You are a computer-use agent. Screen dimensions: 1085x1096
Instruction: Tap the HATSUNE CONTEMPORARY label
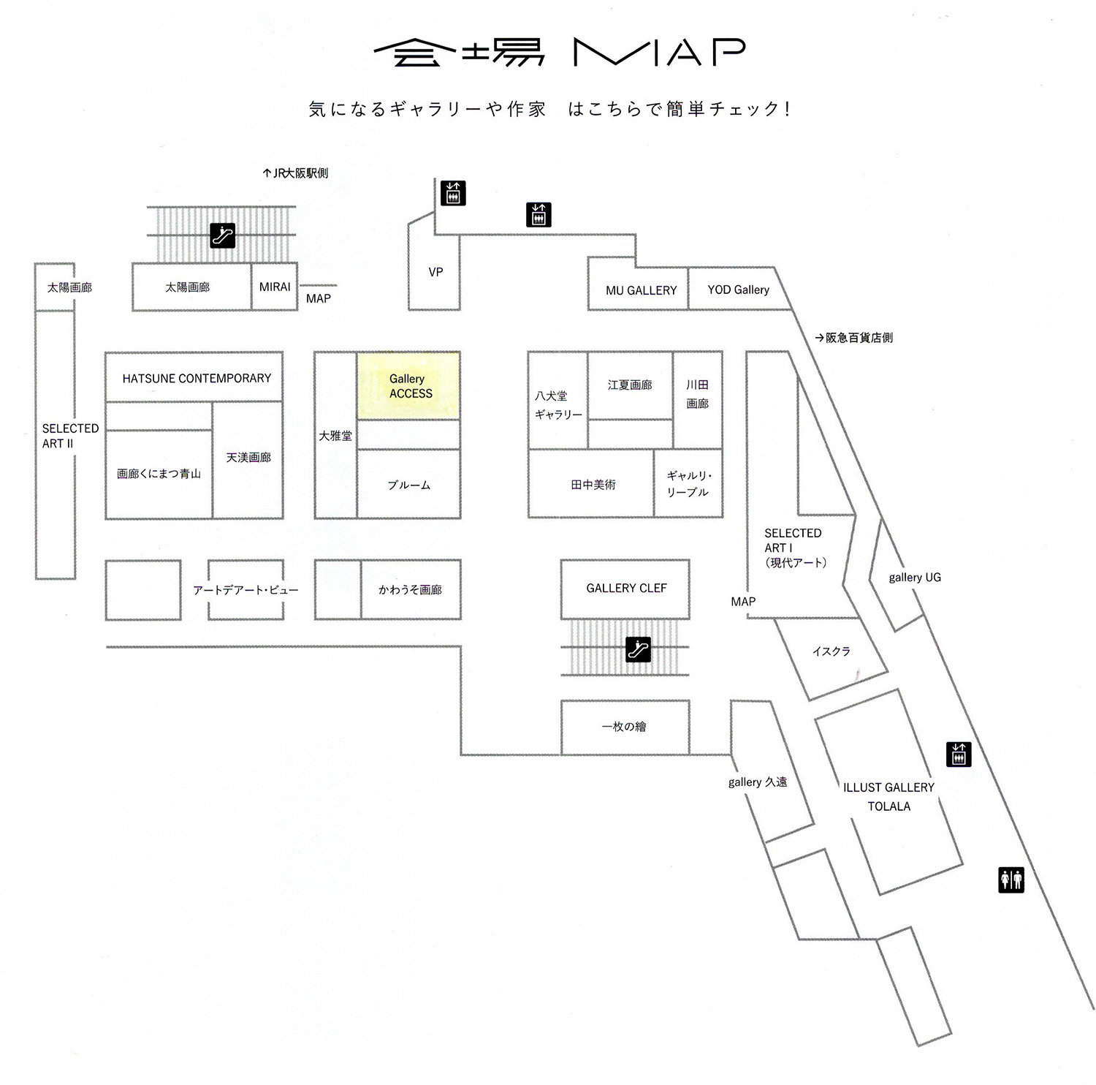click(x=197, y=378)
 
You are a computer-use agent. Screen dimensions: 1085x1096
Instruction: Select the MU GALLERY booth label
click(x=641, y=290)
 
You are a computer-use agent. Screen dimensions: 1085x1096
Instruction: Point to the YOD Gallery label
click(x=738, y=290)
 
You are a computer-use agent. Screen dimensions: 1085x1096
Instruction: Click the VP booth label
click(x=435, y=272)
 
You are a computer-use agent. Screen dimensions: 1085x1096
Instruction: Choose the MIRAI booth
click(x=275, y=287)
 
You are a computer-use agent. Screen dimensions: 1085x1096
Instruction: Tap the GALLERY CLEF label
click(x=626, y=588)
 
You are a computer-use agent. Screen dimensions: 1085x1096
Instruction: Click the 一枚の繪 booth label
click(x=624, y=727)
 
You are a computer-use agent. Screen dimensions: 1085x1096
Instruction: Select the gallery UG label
click(x=915, y=577)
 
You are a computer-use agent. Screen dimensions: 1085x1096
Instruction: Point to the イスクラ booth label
click(x=831, y=651)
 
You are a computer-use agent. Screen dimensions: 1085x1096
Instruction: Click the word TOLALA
click(x=888, y=806)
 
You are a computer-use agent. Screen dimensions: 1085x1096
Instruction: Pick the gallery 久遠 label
click(x=758, y=782)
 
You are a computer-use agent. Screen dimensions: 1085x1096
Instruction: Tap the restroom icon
click(x=1011, y=880)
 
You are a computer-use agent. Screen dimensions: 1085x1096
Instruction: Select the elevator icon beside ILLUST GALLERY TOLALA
click(x=959, y=754)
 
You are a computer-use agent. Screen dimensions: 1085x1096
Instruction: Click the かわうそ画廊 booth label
click(x=410, y=589)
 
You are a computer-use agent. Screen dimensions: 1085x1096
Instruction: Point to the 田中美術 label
click(x=593, y=484)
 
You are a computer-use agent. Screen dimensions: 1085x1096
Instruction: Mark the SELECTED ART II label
click(x=70, y=436)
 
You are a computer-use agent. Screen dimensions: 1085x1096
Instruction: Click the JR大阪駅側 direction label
click(x=295, y=173)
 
